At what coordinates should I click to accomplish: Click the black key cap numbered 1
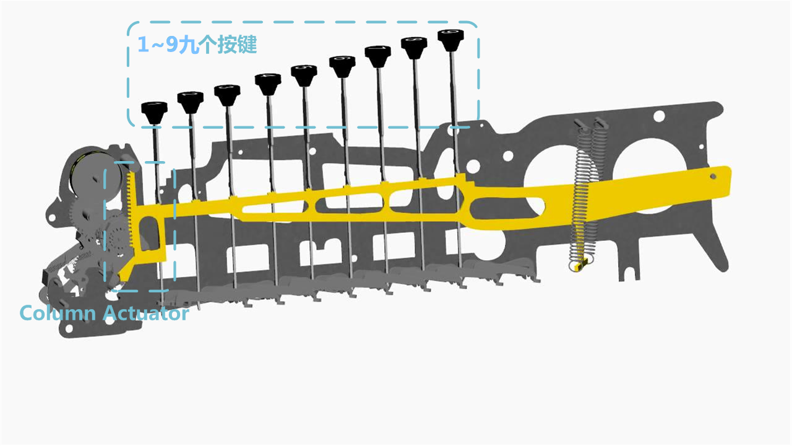click(154, 111)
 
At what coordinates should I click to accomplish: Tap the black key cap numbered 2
click(190, 101)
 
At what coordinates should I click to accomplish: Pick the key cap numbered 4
click(267, 83)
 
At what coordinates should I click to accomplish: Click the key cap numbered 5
click(304, 74)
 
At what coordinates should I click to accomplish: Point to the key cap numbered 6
click(342, 65)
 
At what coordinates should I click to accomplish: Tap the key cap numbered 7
click(377, 56)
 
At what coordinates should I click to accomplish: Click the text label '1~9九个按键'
click(197, 45)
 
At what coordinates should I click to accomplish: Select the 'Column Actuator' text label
click(104, 313)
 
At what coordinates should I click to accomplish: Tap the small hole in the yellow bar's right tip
click(713, 176)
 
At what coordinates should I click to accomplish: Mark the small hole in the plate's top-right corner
click(659, 115)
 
